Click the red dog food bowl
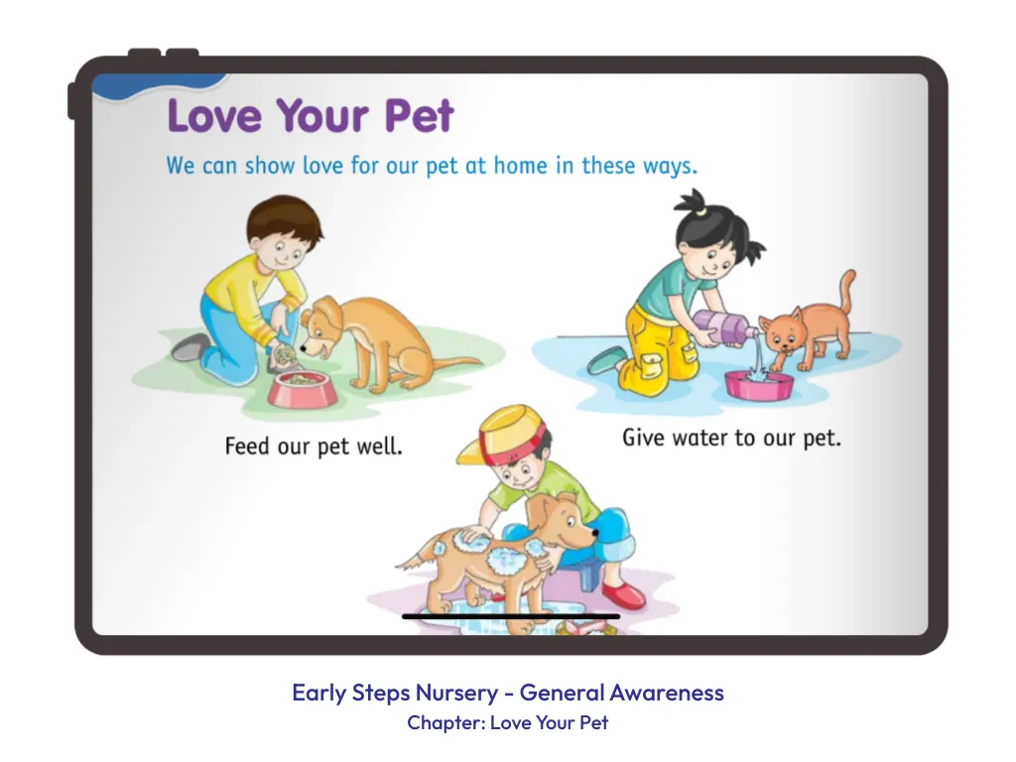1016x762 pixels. pos(302,389)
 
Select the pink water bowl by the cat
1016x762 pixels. pos(759,385)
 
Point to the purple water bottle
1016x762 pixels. pos(722,326)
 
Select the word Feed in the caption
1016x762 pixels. pos(246,445)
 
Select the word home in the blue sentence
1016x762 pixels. pos(520,166)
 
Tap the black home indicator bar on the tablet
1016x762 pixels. pos(511,616)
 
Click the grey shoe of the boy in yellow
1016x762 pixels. pos(190,347)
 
